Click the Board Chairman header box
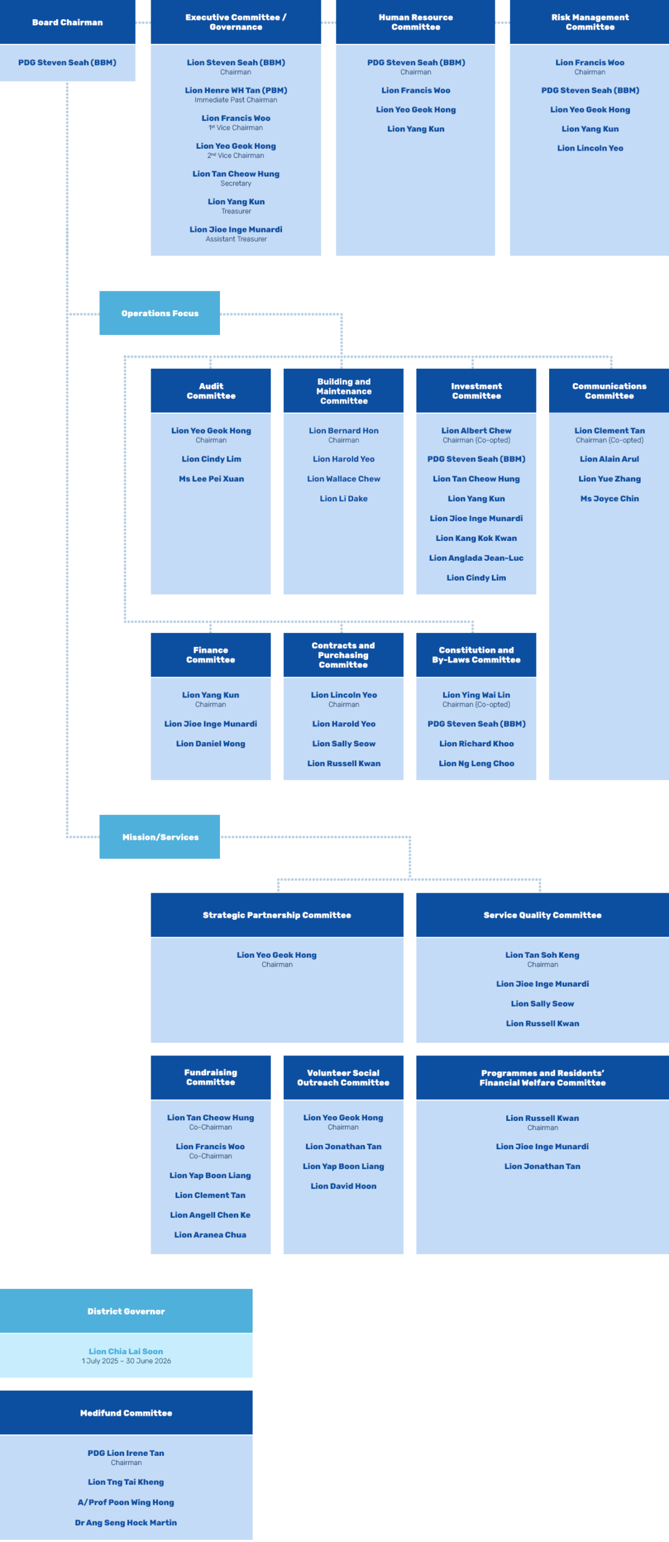68,22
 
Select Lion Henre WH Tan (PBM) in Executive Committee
236,90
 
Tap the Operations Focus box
160,313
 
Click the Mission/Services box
160,837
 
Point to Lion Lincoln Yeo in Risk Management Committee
590,148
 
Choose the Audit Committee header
211,391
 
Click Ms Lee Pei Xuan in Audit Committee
211,479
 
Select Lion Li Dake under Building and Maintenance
344,499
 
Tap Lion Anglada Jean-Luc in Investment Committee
476,558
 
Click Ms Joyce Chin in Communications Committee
609,499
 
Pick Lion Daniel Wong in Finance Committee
210,744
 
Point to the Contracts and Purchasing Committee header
343,655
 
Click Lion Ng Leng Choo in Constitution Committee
476,763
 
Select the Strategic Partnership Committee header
277,915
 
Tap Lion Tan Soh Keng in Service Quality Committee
542,955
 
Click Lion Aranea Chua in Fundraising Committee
210,1235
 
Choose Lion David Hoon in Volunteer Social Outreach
343,1186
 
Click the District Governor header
126,1311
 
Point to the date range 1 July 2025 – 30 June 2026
126,1361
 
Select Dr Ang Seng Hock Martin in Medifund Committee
126,1523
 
